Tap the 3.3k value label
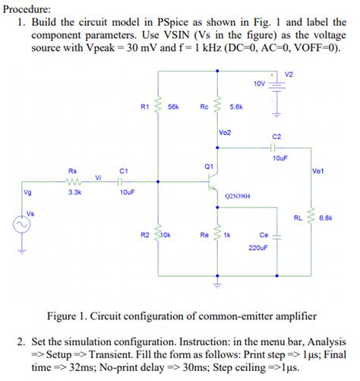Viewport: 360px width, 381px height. coord(74,193)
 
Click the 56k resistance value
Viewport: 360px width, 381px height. coord(173,108)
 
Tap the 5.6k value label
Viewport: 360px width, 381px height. coord(235,108)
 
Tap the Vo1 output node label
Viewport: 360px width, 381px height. coord(318,171)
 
